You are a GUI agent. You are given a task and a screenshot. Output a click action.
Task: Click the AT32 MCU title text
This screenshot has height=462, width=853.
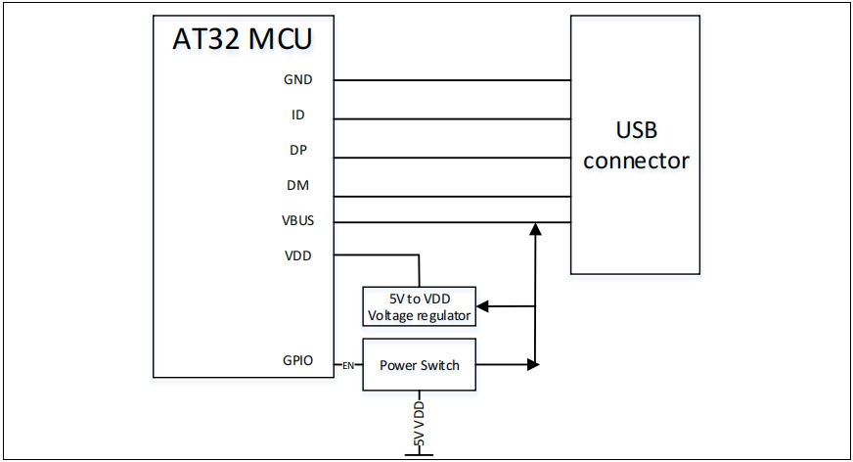click(243, 41)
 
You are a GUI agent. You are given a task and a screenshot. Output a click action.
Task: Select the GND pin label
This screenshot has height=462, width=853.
click(298, 80)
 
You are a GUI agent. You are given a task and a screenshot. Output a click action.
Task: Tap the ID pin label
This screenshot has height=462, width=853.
click(298, 115)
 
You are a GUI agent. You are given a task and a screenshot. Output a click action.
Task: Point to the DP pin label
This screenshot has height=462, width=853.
click(298, 151)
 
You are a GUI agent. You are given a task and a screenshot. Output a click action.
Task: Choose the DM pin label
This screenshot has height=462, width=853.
click(298, 185)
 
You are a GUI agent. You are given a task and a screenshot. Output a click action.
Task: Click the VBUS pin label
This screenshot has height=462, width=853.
click(297, 220)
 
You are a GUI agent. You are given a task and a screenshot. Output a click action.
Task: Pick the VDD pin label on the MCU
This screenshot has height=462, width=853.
click(298, 255)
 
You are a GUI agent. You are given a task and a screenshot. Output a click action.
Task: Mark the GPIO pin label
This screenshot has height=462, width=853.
click(297, 360)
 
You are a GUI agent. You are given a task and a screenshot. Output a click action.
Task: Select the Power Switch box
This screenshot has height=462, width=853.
click(420, 365)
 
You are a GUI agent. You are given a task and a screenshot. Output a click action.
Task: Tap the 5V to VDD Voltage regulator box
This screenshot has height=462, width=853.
click(420, 305)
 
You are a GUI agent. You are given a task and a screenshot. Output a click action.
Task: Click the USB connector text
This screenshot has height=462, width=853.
click(637, 146)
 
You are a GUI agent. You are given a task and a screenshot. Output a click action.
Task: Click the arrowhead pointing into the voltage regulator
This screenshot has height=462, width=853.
click(483, 306)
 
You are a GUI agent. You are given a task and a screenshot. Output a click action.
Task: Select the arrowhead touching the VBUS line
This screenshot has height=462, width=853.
click(535, 229)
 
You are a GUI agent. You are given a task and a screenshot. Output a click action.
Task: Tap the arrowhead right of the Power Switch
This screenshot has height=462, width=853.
click(533, 365)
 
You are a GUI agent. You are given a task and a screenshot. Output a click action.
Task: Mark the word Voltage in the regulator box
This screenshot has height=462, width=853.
click(390, 315)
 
